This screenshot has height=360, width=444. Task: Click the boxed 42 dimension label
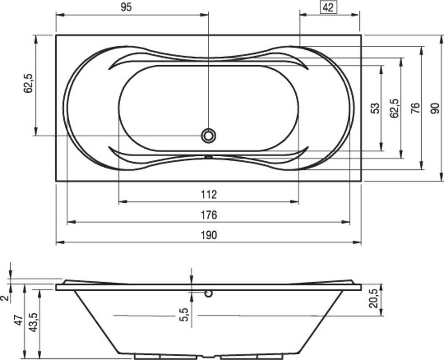point(328,8)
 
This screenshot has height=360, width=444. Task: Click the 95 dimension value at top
point(126,8)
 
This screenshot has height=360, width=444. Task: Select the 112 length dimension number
point(209,194)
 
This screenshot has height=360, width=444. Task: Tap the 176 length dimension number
point(209,215)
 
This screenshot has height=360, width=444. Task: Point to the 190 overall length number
point(209,235)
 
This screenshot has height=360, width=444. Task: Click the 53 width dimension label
point(375,108)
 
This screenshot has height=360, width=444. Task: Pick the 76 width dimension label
point(415,108)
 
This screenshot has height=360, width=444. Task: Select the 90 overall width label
point(435,108)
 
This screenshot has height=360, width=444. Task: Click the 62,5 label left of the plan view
point(28,83)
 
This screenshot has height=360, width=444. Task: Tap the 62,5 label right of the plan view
point(394,108)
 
